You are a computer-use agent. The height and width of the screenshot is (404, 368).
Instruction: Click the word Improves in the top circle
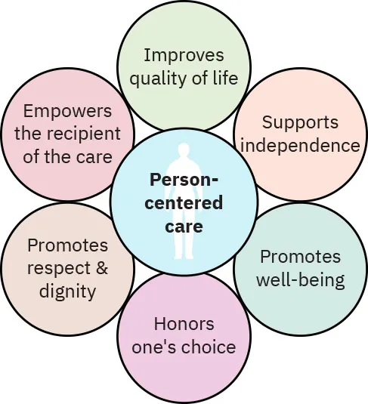click(x=184, y=55)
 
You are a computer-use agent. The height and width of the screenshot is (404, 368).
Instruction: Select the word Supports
click(x=300, y=122)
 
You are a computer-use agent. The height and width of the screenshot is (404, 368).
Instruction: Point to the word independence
click(x=300, y=145)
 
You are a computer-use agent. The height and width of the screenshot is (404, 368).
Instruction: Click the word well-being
click(x=300, y=280)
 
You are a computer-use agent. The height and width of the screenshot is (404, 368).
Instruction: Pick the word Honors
click(x=184, y=324)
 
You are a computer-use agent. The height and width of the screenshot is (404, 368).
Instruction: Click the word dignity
click(x=67, y=291)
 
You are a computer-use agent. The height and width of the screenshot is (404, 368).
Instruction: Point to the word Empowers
click(x=67, y=111)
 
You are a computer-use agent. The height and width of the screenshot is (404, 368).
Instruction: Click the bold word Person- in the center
click(x=184, y=180)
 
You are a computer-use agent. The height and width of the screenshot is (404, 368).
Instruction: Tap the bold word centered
click(x=185, y=202)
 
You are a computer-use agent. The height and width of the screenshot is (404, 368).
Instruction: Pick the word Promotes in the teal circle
click(x=300, y=257)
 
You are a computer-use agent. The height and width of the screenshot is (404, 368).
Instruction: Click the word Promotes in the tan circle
click(x=67, y=245)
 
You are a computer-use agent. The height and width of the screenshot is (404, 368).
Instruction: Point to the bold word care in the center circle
click(x=184, y=225)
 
